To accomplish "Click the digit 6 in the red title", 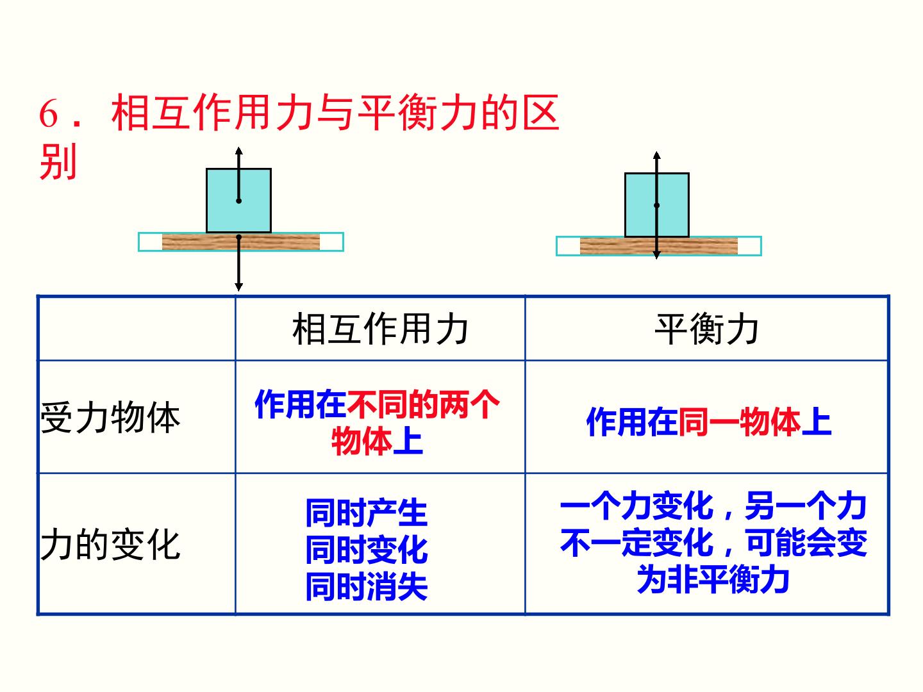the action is (x=48, y=113).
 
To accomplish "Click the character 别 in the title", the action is (x=58, y=161).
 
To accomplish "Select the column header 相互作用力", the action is (x=380, y=329).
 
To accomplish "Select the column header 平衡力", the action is (x=706, y=329).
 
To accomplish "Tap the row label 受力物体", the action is (x=110, y=417).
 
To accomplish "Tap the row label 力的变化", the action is (x=110, y=545).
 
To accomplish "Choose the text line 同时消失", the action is (x=366, y=586).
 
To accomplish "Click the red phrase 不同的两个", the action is (x=423, y=404).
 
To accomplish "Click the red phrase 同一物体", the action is (x=739, y=422).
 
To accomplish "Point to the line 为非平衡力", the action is (x=713, y=579).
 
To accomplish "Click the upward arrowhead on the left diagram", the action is (x=239, y=151).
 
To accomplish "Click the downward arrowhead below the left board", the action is (x=239, y=287).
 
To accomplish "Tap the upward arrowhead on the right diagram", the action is (x=657, y=155).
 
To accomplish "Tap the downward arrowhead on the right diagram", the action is (x=657, y=255).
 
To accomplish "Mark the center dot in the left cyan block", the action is (x=239, y=201).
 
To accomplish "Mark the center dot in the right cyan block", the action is (x=657, y=206).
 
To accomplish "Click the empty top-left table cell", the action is (x=137, y=329).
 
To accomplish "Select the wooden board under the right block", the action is (x=658, y=246).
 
